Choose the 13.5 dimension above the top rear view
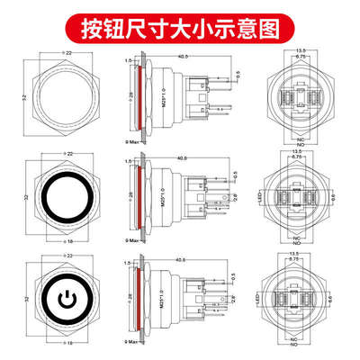coord(297,52)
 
